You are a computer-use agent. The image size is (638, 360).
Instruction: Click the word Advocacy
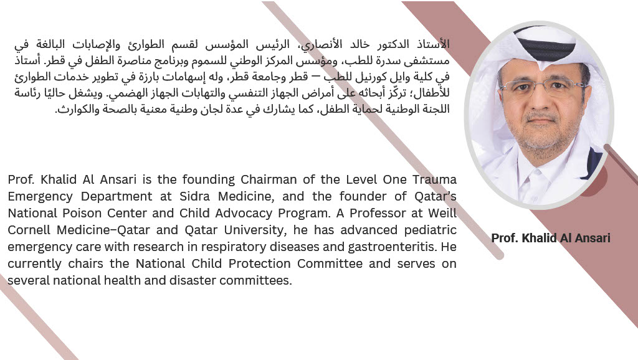[231, 213]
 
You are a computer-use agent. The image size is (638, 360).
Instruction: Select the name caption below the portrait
[550, 238]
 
